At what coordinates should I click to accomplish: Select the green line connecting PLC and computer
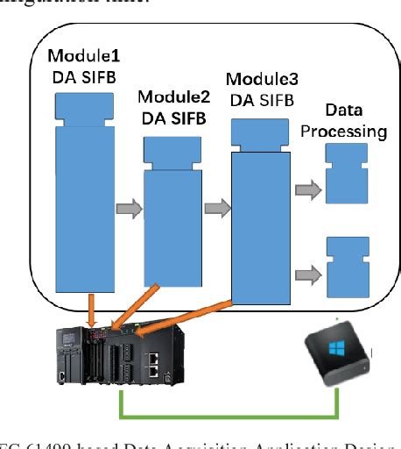point(228,413)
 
